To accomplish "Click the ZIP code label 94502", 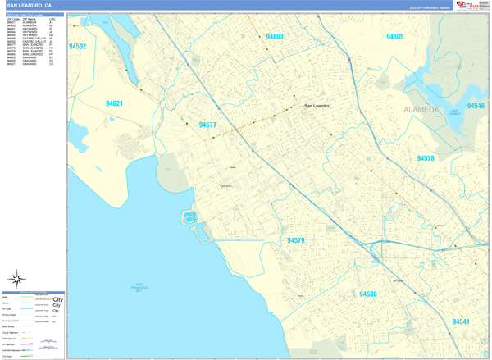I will (x=78, y=47).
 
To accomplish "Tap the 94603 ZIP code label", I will (x=275, y=37).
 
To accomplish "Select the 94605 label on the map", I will (x=394, y=37).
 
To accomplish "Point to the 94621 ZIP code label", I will (x=114, y=103).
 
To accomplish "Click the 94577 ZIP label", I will (x=207, y=125).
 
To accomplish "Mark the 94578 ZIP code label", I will (x=426, y=158).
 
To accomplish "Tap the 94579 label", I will (x=296, y=241).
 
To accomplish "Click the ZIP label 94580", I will (x=367, y=294).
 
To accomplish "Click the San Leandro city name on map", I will (x=321, y=106).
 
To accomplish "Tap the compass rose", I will (x=16, y=279).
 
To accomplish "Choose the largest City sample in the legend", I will (x=57, y=300).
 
